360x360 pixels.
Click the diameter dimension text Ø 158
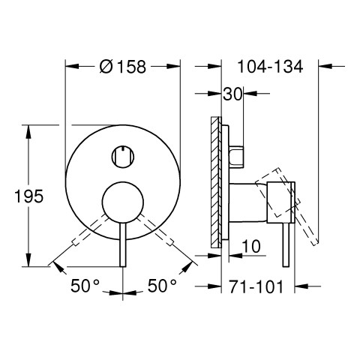[x=122, y=67]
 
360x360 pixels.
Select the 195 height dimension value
[x=29, y=196]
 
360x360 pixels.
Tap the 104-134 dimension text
[x=270, y=67]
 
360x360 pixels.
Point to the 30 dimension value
[x=232, y=94]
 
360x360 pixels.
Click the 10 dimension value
[x=251, y=246]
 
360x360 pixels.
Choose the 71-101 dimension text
[x=256, y=286]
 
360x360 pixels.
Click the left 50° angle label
[x=85, y=286]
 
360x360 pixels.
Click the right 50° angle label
[x=162, y=286]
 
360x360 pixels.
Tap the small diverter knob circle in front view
[x=123, y=157]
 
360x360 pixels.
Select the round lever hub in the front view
[x=123, y=202]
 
